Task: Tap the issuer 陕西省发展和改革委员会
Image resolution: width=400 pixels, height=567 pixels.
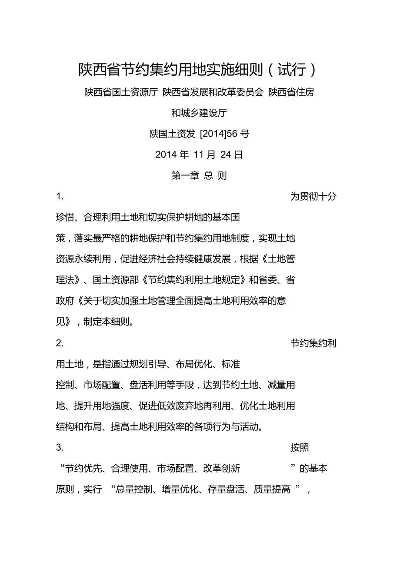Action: click(x=213, y=93)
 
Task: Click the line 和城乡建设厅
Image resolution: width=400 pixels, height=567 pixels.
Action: click(x=199, y=113)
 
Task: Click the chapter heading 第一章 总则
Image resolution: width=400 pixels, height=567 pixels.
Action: click(x=199, y=176)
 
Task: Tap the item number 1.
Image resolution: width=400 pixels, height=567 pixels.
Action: click(x=60, y=197)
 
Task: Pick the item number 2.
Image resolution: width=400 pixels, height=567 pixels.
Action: click(x=60, y=343)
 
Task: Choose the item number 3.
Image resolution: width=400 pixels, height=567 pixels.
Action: click(x=60, y=448)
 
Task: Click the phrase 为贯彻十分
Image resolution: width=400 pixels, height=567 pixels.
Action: click(x=313, y=197)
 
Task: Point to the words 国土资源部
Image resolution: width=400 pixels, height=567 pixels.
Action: click(x=116, y=280)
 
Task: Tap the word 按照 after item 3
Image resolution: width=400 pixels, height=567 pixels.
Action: click(x=300, y=448)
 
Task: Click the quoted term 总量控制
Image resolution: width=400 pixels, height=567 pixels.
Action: click(x=133, y=490)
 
